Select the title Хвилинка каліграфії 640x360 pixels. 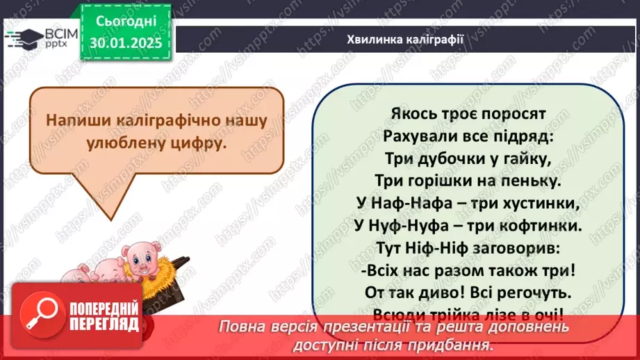pos(405,38)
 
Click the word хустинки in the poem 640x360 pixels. pos(540,204)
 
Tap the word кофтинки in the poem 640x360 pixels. pos(542,226)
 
